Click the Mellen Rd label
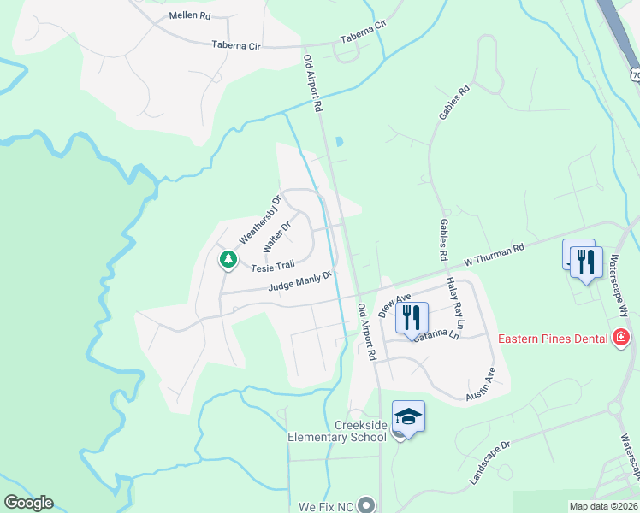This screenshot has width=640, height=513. pyautogui.click(x=190, y=15)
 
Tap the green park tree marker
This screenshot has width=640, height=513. pyautogui.click(x=228, y=258)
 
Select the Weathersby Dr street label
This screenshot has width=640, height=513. pyautogui.click(x=259, y=221)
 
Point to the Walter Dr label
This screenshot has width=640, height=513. pyautogui.click(x=278, y=236)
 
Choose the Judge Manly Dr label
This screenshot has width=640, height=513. pyautogui.click(x=299, y=281)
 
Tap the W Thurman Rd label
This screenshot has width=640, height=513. pyautogui.click(x=494, y=254)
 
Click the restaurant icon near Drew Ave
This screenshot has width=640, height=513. pyautogui.click(x=411, y=316)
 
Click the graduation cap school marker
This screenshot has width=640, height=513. pyautogui.click(x=409, y=416)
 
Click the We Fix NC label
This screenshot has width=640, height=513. pyautogui.click(x=325, y=506)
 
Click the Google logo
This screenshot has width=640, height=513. pyautogui.click(x=28, y=503)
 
